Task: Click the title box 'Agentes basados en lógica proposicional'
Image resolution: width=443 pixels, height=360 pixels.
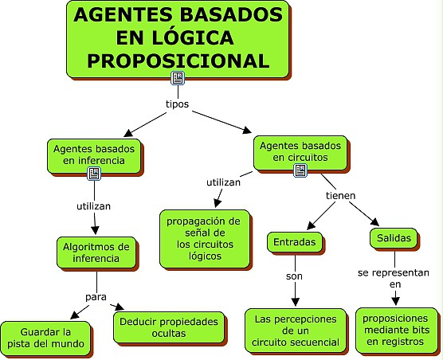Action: tap(178, 39)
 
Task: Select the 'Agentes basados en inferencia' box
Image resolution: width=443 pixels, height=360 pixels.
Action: tap(94, 155)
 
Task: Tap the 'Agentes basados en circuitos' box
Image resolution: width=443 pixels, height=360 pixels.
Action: tap(300, 153)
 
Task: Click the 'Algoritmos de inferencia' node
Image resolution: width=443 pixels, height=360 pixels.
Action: tap(96, 252)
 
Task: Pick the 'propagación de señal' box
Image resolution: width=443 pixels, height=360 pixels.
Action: tap(205, 239)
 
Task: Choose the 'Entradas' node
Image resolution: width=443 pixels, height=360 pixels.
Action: tap(294, 242)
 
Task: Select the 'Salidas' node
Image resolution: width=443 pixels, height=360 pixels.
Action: tap(394, 238)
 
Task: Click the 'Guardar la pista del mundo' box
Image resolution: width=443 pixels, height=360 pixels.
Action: tap(45, 338)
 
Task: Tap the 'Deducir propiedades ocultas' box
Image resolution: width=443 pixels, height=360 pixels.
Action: tap(169, 327)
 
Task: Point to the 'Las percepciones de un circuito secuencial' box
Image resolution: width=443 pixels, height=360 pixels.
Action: tap(296, 331)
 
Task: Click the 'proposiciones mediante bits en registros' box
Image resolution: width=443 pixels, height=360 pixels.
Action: tap(396, 330)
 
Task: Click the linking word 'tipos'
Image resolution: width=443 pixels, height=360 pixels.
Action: tap(177, 104)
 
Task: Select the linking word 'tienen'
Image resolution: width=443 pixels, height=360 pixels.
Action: tap(340, 196)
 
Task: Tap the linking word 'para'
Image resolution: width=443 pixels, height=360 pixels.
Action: tap(96, 297)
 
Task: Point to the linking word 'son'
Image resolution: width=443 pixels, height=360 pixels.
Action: tap(294, 276)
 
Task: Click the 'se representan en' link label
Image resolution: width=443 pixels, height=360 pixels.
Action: tap(394, 279)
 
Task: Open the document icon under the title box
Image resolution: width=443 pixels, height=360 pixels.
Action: tap(178, 78)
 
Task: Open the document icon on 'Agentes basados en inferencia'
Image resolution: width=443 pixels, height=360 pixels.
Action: tap(94, 174)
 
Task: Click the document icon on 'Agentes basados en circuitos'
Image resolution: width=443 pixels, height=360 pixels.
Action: tap(300, 170)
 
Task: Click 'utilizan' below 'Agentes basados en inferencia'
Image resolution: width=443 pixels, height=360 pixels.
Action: tap(93, 206)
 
